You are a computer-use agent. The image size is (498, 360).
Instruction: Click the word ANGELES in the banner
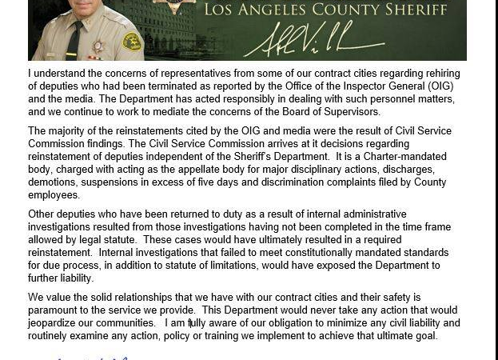[x=297, y=10]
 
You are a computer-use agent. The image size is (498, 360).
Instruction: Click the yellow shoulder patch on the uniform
[x=131, y=41]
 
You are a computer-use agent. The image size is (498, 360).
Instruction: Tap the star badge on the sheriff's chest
[x=98, y=46]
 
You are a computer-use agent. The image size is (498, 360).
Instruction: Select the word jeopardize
[x=57, y=323]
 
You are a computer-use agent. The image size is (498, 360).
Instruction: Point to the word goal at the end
[x=425, y=336]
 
